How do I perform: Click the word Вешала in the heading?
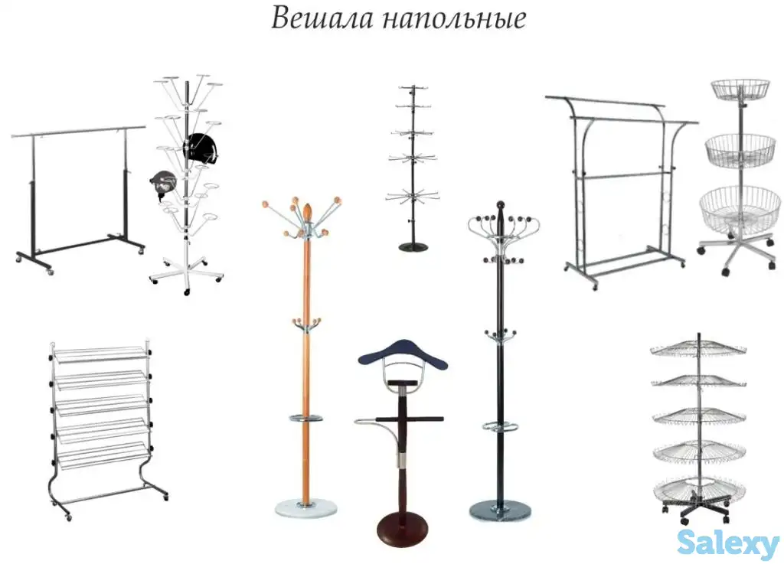click(x=314, y=18)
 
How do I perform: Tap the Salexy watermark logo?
click(x=727, y=543)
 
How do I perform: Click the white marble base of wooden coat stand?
click(x=305, y=507)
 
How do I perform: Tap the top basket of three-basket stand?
click(x=740, y=90)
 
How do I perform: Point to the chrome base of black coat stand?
click(x=499, y=509)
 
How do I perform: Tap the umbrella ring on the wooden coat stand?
click(x=306, y=418)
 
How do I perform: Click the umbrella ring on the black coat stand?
click(x=501, y=425)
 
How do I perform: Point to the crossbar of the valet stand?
click(x=413, y=420)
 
